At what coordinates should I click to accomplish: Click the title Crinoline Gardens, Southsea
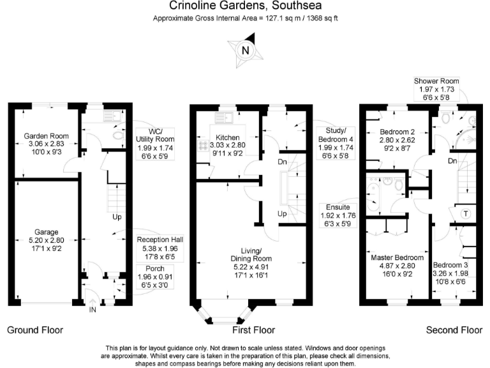tap(245, 7)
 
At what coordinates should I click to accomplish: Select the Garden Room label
tap(41, 136)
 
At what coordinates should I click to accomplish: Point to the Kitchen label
tap(226, 138)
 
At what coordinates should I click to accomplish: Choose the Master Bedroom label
tap(393, 258)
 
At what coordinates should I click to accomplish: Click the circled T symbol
tap(465, 213)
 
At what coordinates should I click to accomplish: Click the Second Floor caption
tap(454, 330)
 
